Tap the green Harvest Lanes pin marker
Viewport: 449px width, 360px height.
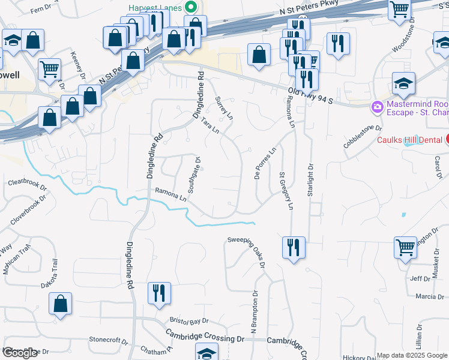tap(190, 8)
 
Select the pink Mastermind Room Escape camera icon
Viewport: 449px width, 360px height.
tap(378, 107)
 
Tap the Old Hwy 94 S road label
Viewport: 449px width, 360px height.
tap(310, 95)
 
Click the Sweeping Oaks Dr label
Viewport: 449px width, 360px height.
tap(247, 248)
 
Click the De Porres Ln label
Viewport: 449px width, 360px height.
tap(265, 163)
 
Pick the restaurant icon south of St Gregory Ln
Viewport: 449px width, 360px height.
tap(294, 247)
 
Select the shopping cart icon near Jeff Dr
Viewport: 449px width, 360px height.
tap(405, 246)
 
